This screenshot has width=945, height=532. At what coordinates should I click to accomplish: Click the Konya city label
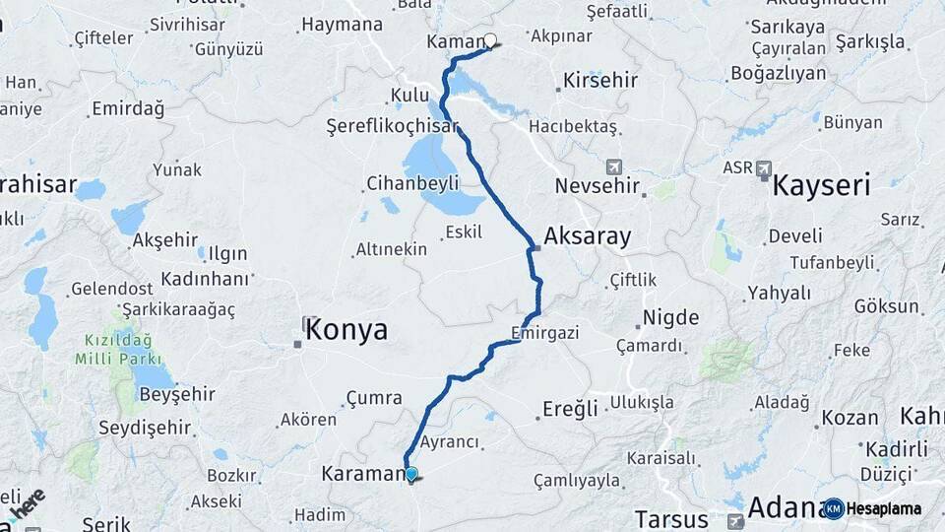coord(346,330)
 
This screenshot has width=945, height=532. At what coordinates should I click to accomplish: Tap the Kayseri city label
coord(821,184)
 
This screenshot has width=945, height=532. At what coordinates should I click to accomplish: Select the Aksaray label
coord(587,235)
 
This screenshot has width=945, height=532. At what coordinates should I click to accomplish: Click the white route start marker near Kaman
coord(490,41)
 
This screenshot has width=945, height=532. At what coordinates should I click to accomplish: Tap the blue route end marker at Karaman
coord(410,474)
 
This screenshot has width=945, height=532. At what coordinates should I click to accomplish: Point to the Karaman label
coord(364,474)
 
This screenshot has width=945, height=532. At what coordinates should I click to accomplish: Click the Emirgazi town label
coord(544,333)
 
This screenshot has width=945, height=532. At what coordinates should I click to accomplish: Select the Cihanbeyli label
coord(412,182)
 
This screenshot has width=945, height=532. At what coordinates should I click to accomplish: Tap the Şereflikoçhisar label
coord(393,127)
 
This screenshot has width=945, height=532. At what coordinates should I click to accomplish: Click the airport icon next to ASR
coord(764,168)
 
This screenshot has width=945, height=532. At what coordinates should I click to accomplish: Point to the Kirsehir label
coord(600,81)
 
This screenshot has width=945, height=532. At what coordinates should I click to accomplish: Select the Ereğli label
coord(570,409)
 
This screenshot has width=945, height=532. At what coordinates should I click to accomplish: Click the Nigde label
coord(670,317)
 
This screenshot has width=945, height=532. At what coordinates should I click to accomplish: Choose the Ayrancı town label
coord(449,443)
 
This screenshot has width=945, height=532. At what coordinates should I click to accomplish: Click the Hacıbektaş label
coord(573,127)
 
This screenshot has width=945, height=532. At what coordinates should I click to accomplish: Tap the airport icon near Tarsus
coord(734,521)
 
